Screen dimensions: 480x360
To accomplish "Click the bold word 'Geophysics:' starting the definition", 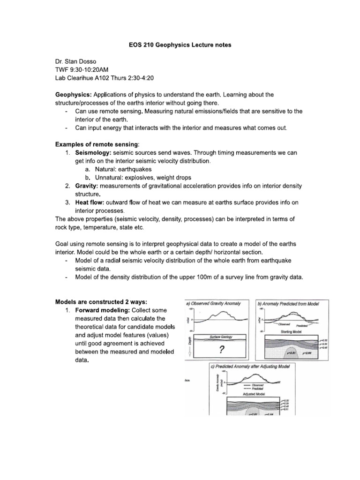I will click(73, 95).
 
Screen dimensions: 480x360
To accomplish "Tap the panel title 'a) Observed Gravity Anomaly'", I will click(213, 303).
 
